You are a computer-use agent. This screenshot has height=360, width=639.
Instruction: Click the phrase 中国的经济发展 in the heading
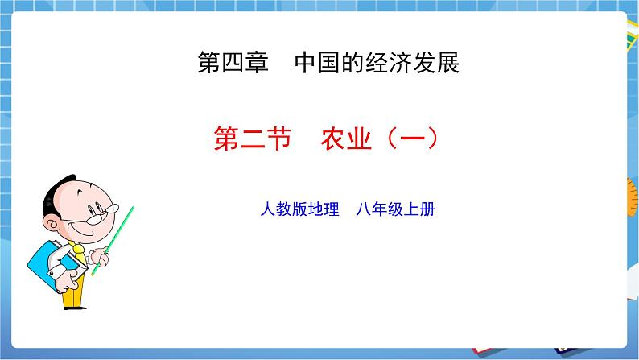377,64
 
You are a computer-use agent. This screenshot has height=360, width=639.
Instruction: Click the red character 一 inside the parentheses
408,139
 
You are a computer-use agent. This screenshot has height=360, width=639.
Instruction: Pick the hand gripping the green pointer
100,257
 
